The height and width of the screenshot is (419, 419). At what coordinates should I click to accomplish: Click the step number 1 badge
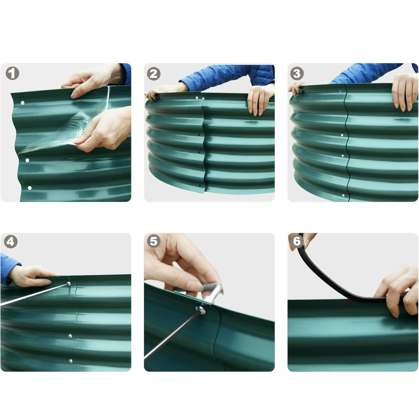point(12,73)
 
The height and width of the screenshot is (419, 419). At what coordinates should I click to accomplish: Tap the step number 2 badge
point(154,74)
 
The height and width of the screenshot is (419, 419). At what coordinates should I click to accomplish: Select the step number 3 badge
point(297,73)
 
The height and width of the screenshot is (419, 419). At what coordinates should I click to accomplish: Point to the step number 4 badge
point(10,241)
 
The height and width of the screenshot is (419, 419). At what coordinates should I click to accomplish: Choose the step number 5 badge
point(154,241)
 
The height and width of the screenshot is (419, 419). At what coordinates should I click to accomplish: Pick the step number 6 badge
point(297,241)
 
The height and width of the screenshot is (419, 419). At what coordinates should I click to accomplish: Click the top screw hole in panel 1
point(23,103)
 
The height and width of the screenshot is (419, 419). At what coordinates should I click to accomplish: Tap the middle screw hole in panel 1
point(27,160)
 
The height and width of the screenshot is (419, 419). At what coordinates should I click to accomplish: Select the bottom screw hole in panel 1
point(30,188)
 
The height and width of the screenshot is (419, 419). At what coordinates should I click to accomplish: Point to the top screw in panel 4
point(69,284)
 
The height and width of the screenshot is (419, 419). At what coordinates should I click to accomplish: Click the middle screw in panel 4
point(70,336)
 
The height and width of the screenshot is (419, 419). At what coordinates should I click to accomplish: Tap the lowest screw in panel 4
point(71,361)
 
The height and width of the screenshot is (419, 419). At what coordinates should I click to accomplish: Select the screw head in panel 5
point(200,310)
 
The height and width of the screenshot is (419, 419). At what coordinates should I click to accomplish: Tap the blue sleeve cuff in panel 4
point(7,268)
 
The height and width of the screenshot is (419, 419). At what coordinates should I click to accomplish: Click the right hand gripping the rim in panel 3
point(405,92)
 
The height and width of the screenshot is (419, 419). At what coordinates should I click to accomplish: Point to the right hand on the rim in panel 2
point(260,100)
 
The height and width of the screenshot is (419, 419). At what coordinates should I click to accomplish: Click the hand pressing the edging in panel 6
point(398,290)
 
